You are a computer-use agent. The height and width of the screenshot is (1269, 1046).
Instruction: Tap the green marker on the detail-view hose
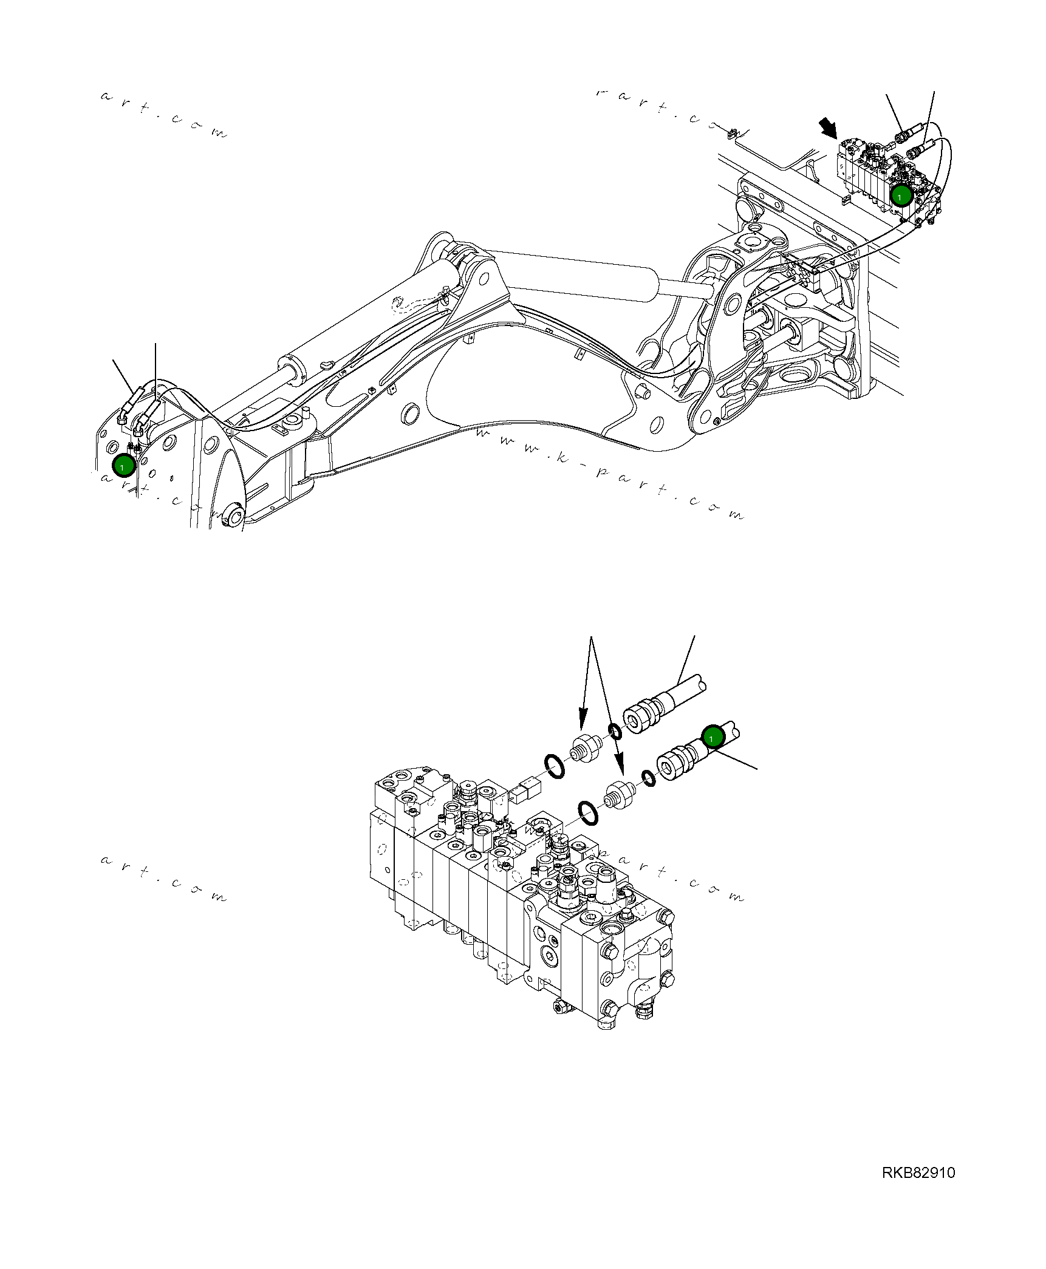[713, 737]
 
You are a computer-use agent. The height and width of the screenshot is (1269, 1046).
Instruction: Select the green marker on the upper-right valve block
[901, 196]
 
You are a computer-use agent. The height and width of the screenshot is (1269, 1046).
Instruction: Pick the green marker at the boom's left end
[123, 466]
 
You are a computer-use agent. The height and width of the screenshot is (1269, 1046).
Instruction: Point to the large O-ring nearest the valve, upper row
[554, 766]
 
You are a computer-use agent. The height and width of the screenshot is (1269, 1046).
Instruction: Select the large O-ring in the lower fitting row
[588, 813]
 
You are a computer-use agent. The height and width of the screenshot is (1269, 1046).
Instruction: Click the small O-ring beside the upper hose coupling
[615, 731]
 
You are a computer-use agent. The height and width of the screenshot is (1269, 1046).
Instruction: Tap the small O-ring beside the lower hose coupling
[649, 778]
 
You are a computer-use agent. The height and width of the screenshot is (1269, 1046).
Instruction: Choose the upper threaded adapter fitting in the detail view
[584, 747]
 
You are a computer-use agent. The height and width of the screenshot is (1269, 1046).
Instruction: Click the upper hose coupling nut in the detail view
[640, 720]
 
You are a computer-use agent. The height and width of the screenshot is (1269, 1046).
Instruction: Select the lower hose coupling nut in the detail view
[673, 766]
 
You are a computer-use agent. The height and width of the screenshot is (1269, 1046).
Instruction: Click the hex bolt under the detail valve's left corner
[561, 1007]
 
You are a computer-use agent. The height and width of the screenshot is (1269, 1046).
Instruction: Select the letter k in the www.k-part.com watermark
[562, 457]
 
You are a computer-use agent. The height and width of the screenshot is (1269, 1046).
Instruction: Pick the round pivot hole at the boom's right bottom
[705, 417]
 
